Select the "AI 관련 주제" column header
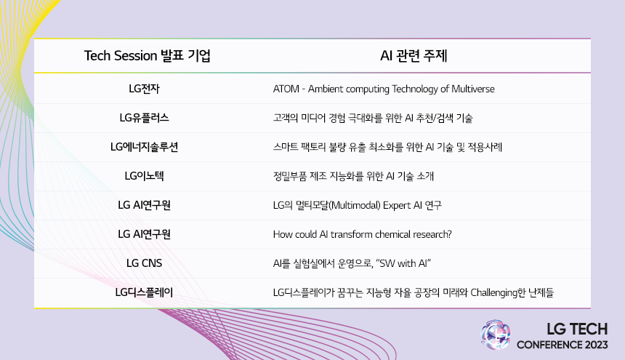pyautogui.click(x=418, y=56)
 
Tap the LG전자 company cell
pyautogui.click(x=144, y=89)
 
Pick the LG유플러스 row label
pyautogui.click(x=144, y=118)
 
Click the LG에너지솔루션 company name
pyautogui.click(x=144, y=147)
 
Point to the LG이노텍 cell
pyautogui.click(x=144, y=176)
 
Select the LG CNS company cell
pyautogui.click(x=144, y=263)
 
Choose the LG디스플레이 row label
pyautogui.click(x=144, y=293)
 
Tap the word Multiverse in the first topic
pyautogui.click(x=472, y=89)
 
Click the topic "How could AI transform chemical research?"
pyautogui.click(x=363, y=234)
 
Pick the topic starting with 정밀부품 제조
pyautogui.click(x=353, y=176)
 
